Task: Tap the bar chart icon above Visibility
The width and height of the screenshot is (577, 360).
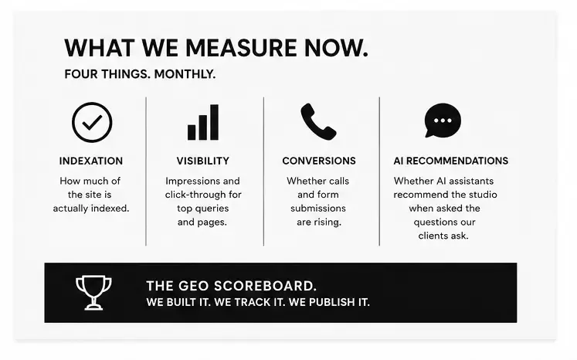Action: (x=202, y=122)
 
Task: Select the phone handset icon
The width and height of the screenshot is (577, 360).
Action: (x=318, y=121)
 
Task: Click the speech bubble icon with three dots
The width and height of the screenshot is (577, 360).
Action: (x=443, y=121)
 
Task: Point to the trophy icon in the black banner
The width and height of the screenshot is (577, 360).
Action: (x=93, y=293)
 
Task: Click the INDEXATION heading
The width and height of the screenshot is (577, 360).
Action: (x=91, y=161)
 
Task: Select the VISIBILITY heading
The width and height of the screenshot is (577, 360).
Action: (x=202, y=161)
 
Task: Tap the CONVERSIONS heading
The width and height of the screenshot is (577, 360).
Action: (x=319, y=161)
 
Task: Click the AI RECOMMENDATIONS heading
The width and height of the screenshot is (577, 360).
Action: (x=451, y=161)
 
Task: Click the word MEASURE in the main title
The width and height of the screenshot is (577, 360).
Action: (x=241, y=48)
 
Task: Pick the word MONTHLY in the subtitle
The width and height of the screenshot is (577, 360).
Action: (x=185, y=74)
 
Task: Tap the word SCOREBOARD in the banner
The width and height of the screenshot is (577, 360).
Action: (x=265, y=286)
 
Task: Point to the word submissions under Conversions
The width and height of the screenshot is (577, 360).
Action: (x=318, y=209)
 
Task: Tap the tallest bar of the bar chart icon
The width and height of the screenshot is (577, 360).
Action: (x=214, y=122)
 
